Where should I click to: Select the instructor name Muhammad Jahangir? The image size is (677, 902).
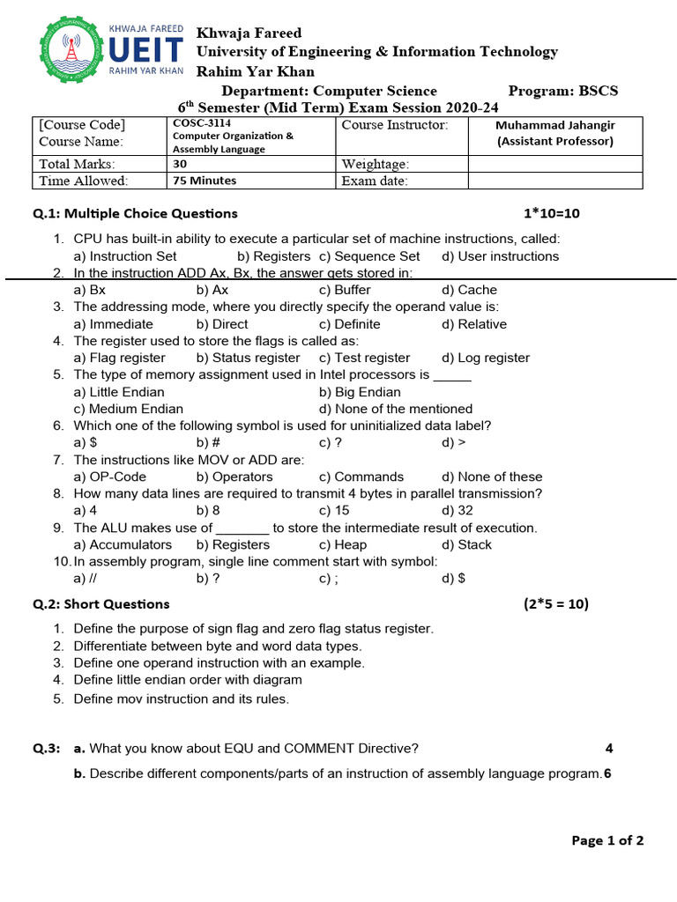pos(554,125)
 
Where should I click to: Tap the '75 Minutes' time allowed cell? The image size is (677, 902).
pos(205,181)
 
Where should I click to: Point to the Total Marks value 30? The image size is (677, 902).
pos(180,163)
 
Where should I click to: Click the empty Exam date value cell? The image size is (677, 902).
pos(554,181)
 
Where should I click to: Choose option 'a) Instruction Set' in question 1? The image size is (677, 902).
pos(125,256)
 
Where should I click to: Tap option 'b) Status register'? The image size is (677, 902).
pos(248,358)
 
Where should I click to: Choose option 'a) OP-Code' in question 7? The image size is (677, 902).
pos(110,477)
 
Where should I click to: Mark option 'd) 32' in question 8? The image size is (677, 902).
pos(458,511)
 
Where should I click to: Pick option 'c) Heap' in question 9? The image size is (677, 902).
pos(343,544)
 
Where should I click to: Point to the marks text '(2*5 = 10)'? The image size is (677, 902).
pos(555,603)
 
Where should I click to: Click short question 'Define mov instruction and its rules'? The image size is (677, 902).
pos(181,699)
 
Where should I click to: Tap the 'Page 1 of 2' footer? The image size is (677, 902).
pos(607,840)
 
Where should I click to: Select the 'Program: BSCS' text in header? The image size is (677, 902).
pos(563,91)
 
